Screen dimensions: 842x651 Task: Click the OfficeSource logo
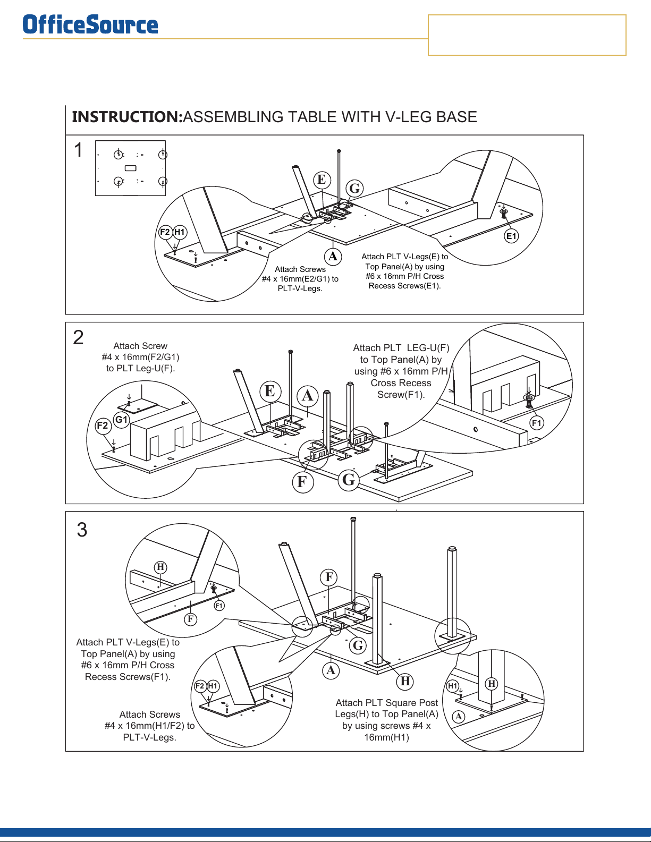tap(90, 25)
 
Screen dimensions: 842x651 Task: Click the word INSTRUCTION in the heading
tap(127, 117)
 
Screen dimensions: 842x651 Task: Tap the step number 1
tap(78, 150)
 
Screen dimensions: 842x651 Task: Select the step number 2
tap(78, 337)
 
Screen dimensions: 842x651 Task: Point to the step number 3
tap(82, 530)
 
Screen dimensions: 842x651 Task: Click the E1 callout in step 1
tap(511, 236)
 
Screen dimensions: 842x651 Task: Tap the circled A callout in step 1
tap(333, 257)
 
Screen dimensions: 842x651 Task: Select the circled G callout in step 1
tap(354, 188)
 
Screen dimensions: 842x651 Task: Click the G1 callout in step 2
tap(122, 420)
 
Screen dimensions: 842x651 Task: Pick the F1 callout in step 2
tap(537, 423)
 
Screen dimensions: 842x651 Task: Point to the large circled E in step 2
tap(270, 391)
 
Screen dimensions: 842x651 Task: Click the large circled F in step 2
tap(302, 482)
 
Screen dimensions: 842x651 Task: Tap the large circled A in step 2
tap(308, 395)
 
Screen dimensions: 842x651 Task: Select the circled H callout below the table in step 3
tap(405, 681)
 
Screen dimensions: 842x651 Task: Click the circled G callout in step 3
tap(358, 645)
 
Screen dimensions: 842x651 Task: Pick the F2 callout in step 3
tap(200, 686)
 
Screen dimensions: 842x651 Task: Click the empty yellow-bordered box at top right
tap(527, 35)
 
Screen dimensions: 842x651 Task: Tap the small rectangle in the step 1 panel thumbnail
tap(130, 168)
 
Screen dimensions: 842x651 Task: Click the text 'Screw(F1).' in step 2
tap(401, 395)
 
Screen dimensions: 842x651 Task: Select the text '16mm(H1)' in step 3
tap(386, 737)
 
